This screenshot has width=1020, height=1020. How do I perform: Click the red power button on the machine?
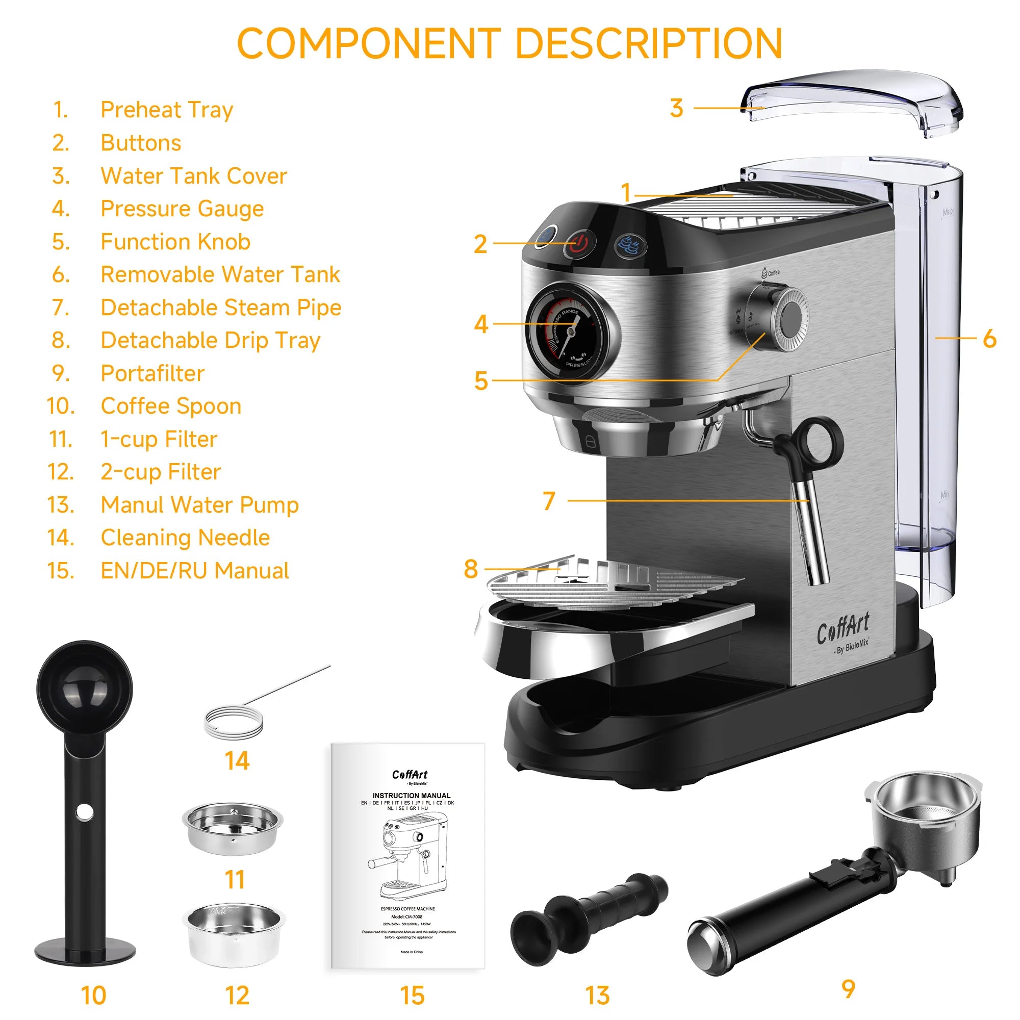[579, 244]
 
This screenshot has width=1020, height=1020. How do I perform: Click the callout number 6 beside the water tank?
[989, 339]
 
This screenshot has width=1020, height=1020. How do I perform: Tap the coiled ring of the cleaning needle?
[234, 721]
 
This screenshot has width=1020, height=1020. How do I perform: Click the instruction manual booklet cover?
[407, 855]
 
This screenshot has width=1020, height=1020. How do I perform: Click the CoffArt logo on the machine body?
[843, 628]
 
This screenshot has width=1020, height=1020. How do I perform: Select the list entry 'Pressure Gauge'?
[182, 209]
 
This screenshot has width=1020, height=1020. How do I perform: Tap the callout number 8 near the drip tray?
[470, 569]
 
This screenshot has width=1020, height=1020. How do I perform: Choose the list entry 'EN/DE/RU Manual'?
[194, 571]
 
